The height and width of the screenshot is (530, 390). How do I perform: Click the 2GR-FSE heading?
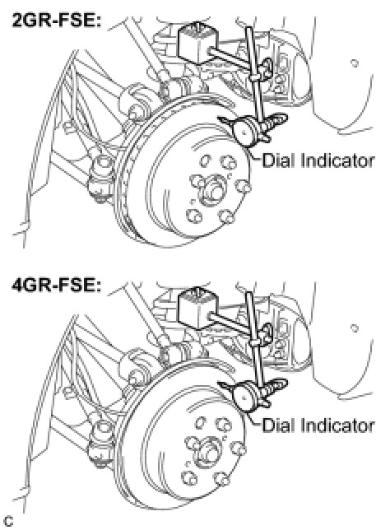57,21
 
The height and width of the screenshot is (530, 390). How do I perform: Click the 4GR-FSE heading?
57,285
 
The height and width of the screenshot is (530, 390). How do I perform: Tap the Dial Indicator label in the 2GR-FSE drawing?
318,160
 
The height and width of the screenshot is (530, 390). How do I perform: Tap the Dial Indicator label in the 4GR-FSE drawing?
318,425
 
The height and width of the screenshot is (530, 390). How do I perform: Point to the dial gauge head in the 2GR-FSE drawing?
245,130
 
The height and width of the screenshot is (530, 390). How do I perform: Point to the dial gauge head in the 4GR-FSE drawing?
245,395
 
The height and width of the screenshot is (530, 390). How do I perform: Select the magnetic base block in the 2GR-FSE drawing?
198,43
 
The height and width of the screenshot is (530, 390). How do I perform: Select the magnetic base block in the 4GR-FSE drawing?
198,308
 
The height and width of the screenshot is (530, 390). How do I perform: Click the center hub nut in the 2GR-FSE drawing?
210,191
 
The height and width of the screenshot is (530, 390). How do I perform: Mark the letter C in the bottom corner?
7,521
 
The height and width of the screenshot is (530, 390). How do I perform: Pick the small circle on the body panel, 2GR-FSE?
354,63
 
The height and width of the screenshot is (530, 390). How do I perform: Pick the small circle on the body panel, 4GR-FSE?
354,328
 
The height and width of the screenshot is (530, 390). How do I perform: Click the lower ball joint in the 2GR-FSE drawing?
100,179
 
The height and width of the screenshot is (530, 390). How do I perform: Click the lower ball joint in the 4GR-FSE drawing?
100,444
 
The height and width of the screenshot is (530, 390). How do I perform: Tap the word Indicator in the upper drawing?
337,160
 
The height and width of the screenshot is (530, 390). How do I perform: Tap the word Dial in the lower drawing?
278,425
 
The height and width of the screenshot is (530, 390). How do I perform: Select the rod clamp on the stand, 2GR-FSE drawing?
256,78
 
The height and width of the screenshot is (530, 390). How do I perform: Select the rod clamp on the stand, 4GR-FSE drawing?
256,343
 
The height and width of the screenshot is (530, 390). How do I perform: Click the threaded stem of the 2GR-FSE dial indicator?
276,122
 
